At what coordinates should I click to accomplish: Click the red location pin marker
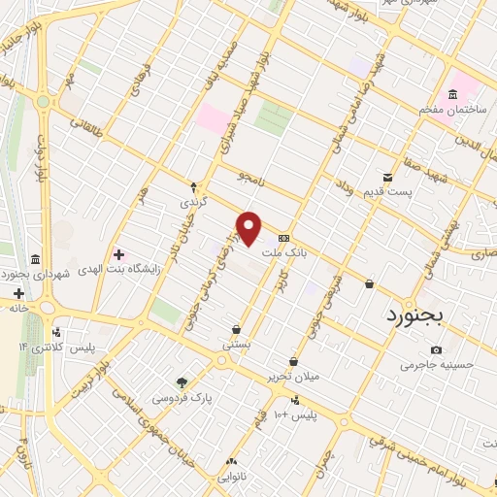click(x=250, y=228)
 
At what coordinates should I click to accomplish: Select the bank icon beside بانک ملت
click(x=282, y=238)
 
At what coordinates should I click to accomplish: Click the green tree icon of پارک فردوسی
click(x=181, y=381)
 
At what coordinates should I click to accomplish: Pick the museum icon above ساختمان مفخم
click(x=451, y=94)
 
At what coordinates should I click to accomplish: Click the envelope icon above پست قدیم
click(x=387, y=178)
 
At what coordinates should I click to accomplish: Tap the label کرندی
click(x=192, y=204)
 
